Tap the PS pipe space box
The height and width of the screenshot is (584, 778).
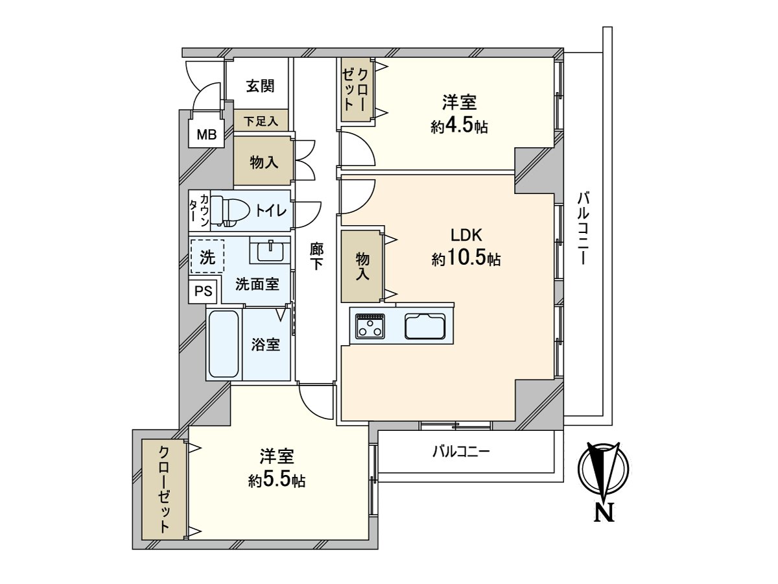[203, 291]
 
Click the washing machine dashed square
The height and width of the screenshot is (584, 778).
[207, 256]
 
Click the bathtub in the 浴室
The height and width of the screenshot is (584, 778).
[223, 344]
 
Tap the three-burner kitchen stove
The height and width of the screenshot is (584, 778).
[370, 326]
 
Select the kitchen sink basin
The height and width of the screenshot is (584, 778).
[425, 326]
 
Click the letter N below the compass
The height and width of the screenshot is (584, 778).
[604, 513]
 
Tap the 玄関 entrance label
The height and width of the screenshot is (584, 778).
[261, 86]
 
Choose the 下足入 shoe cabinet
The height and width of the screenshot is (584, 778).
[261, 120]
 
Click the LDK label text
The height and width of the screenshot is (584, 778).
[466, 235]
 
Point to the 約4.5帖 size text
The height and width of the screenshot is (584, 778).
[459, 126]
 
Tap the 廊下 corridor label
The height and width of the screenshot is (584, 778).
[316, 256]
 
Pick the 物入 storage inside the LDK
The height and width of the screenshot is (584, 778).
[362, 266]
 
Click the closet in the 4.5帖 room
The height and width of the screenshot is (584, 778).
[357, 90]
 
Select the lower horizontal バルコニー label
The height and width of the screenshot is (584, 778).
[461, 452]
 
